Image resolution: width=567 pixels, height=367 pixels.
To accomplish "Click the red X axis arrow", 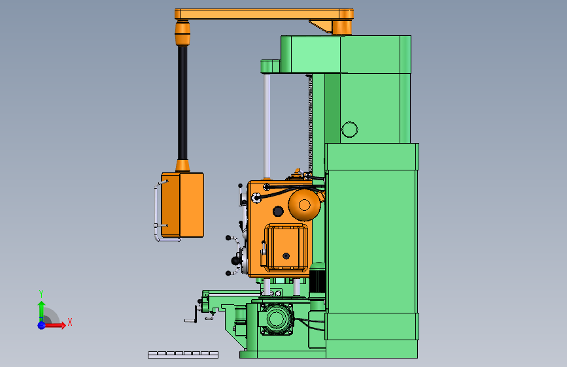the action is tap(54, 325).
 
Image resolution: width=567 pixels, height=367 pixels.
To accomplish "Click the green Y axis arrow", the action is tap(42, 311).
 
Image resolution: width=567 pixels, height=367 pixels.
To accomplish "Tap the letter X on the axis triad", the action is tap(70, 322).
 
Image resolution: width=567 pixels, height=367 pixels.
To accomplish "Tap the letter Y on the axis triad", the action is tap(41, 294).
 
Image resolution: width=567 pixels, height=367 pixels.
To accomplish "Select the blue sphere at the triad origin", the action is tap(42, 325).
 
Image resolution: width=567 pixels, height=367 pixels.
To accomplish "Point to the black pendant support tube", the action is tap(182, 103).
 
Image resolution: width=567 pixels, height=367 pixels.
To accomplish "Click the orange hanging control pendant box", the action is tap(182, 205).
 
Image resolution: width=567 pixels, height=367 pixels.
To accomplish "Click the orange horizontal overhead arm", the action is tap(264, 14).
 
